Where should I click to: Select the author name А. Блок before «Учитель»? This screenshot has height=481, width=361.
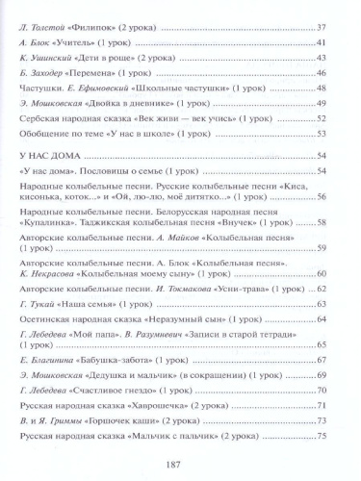(x=36, y=43)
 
